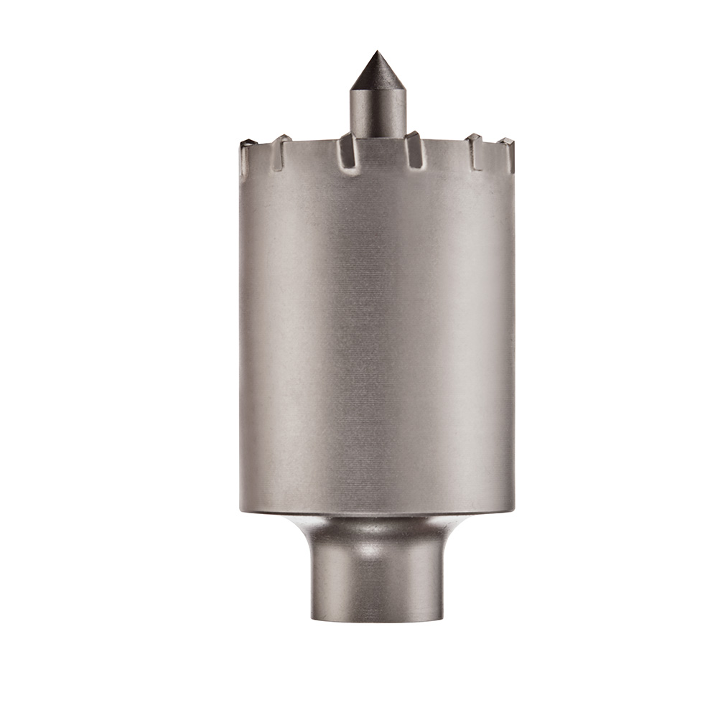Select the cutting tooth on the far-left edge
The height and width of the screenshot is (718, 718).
click(246, 144)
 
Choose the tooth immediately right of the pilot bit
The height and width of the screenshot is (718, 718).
click(412, 136)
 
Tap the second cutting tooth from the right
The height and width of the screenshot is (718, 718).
click(472, 139)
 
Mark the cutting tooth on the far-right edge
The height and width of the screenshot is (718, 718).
click(508, 143)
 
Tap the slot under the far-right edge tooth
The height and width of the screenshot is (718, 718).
click(510, 162)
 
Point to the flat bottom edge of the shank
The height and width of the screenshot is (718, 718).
click(377, 619)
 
